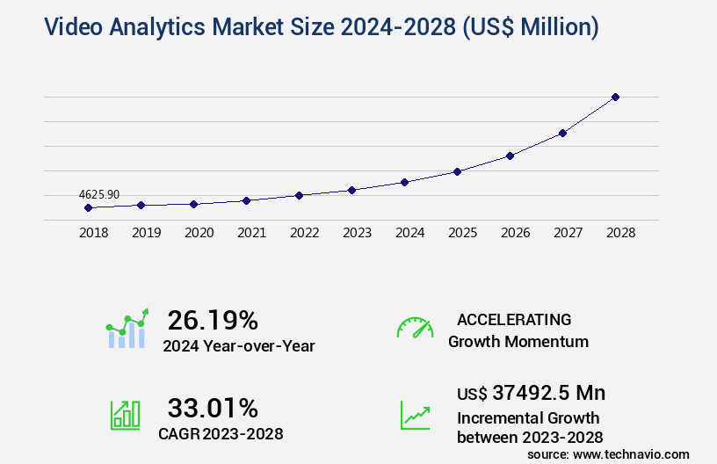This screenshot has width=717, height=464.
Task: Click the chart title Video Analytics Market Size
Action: [321, 27]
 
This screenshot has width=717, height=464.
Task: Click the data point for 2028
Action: [615, 97]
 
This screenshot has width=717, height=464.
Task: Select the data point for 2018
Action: [88, 207]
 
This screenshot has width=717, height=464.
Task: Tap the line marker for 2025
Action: [457, 171]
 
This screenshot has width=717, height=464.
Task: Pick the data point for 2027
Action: [562, 133]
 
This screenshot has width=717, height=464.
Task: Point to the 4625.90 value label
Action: [98, 194]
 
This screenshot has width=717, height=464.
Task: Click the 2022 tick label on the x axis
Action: [304, 233]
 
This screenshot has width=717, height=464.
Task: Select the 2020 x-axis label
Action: [199, 233]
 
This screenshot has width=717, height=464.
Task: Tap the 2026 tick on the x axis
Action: [515, 233]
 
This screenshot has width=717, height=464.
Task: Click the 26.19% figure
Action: [213, 319]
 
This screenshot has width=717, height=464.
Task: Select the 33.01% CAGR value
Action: [213, 408]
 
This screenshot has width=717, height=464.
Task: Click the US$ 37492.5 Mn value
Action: [531, 393]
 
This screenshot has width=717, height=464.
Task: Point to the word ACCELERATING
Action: [514, 320]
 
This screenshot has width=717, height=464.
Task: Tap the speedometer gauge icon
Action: [415, 328]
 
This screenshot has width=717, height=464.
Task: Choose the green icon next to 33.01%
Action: [125, 415]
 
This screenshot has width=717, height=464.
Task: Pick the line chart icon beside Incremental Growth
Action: [415, 415]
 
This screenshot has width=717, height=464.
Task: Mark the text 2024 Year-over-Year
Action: [239, 346]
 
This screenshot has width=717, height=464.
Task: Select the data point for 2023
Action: [351, 190]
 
